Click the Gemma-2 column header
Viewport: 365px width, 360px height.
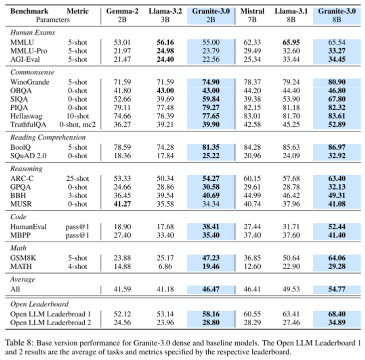click(122, 11)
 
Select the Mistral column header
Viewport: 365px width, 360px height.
click(252, 11)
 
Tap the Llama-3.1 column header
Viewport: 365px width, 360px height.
click(291, 11)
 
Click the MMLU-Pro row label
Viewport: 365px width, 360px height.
click(28, 51)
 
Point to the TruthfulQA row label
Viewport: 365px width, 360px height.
click(28, 124)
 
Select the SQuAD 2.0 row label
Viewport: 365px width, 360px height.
click(28, 156)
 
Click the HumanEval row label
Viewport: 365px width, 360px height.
click(28, 227)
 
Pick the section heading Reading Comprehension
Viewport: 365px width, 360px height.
click(48, 137)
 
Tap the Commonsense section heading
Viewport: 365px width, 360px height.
click(32, 72)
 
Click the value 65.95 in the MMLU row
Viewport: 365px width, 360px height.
click(291, 42)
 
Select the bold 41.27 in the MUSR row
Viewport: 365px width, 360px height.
click(122, 204)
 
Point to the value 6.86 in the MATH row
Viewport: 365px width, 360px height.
click(165, 266)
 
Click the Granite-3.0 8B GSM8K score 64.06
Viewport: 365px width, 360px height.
click(337, 258)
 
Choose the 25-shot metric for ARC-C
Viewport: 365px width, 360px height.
click(77, 178)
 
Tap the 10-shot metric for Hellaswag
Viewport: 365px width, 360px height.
click(77, 116)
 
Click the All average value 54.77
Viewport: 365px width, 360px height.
click(337, 289)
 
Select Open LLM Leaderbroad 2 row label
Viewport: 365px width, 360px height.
click(50, 323)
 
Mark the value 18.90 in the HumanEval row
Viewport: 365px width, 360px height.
click(122, 227)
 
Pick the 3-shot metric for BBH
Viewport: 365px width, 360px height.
click(77, 195)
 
